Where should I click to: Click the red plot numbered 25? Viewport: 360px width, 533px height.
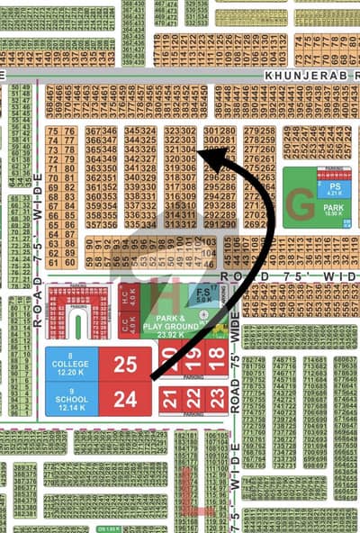point(125,364)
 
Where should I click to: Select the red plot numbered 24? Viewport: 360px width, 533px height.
point(125,398)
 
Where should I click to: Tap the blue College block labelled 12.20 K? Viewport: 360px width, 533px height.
point(71,364)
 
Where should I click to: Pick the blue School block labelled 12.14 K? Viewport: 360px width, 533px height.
point(71,397)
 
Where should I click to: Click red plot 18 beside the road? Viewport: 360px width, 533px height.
point(216,354)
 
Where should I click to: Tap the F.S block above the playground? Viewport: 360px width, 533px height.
point(204,294)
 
